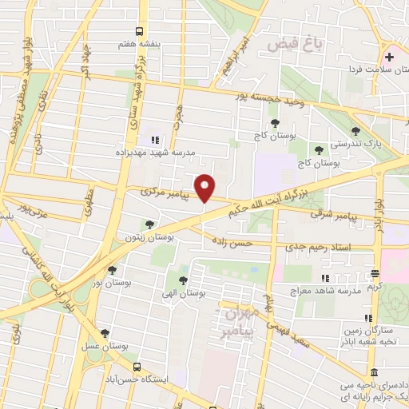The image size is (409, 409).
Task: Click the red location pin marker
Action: coord(205,187)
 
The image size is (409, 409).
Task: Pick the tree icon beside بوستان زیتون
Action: coord(149,224)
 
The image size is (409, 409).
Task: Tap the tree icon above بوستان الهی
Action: coord(184,280)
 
